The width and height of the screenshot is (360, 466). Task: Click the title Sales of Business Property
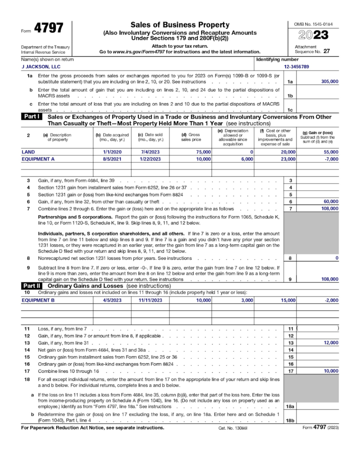click(180, 24)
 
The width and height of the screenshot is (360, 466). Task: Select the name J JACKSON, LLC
click(42, 67)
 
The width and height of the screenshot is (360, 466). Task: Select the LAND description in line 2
click(28, 152)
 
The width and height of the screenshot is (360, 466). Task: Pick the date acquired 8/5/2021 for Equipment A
click(112, 159)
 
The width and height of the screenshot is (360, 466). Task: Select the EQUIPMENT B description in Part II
click(38, 300)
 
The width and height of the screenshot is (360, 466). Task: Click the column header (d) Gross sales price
click(193, 136)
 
